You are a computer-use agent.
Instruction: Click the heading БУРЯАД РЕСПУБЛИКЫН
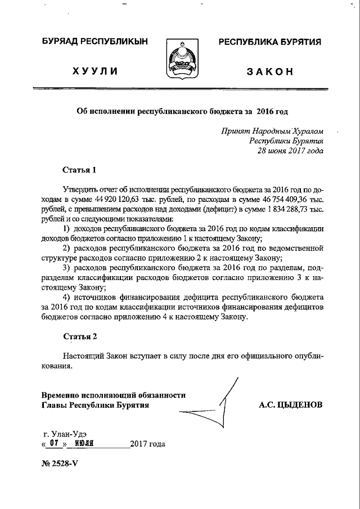coord(94,42)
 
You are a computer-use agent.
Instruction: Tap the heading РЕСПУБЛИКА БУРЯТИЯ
coord(269,42)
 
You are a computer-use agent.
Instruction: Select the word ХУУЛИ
coord(94,71)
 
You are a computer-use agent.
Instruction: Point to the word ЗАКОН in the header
coord(270,71)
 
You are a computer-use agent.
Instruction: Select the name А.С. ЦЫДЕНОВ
coord(291,404)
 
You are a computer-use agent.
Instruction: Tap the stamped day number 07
coord(54,443)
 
